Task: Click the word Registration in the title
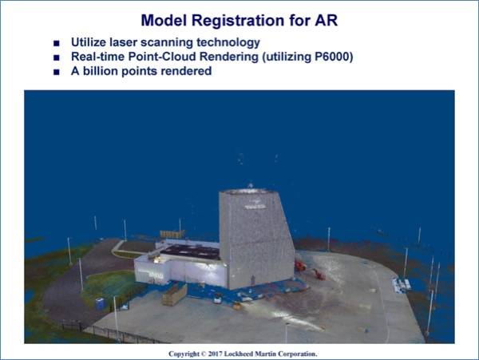[238, 21]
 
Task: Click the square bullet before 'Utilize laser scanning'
[57, 43]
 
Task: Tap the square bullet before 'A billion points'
[57, 72]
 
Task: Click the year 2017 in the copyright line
[215, 354]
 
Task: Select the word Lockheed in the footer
[239, 354]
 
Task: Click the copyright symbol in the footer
[204, 354]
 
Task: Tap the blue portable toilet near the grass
[100, 304]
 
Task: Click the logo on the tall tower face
[255, 204]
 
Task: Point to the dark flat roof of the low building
[191, 252]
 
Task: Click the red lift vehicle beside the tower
[300, 266]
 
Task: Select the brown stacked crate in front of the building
[174, 295]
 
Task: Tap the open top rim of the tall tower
[248, 192]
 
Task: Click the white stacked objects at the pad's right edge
[402, 285]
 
